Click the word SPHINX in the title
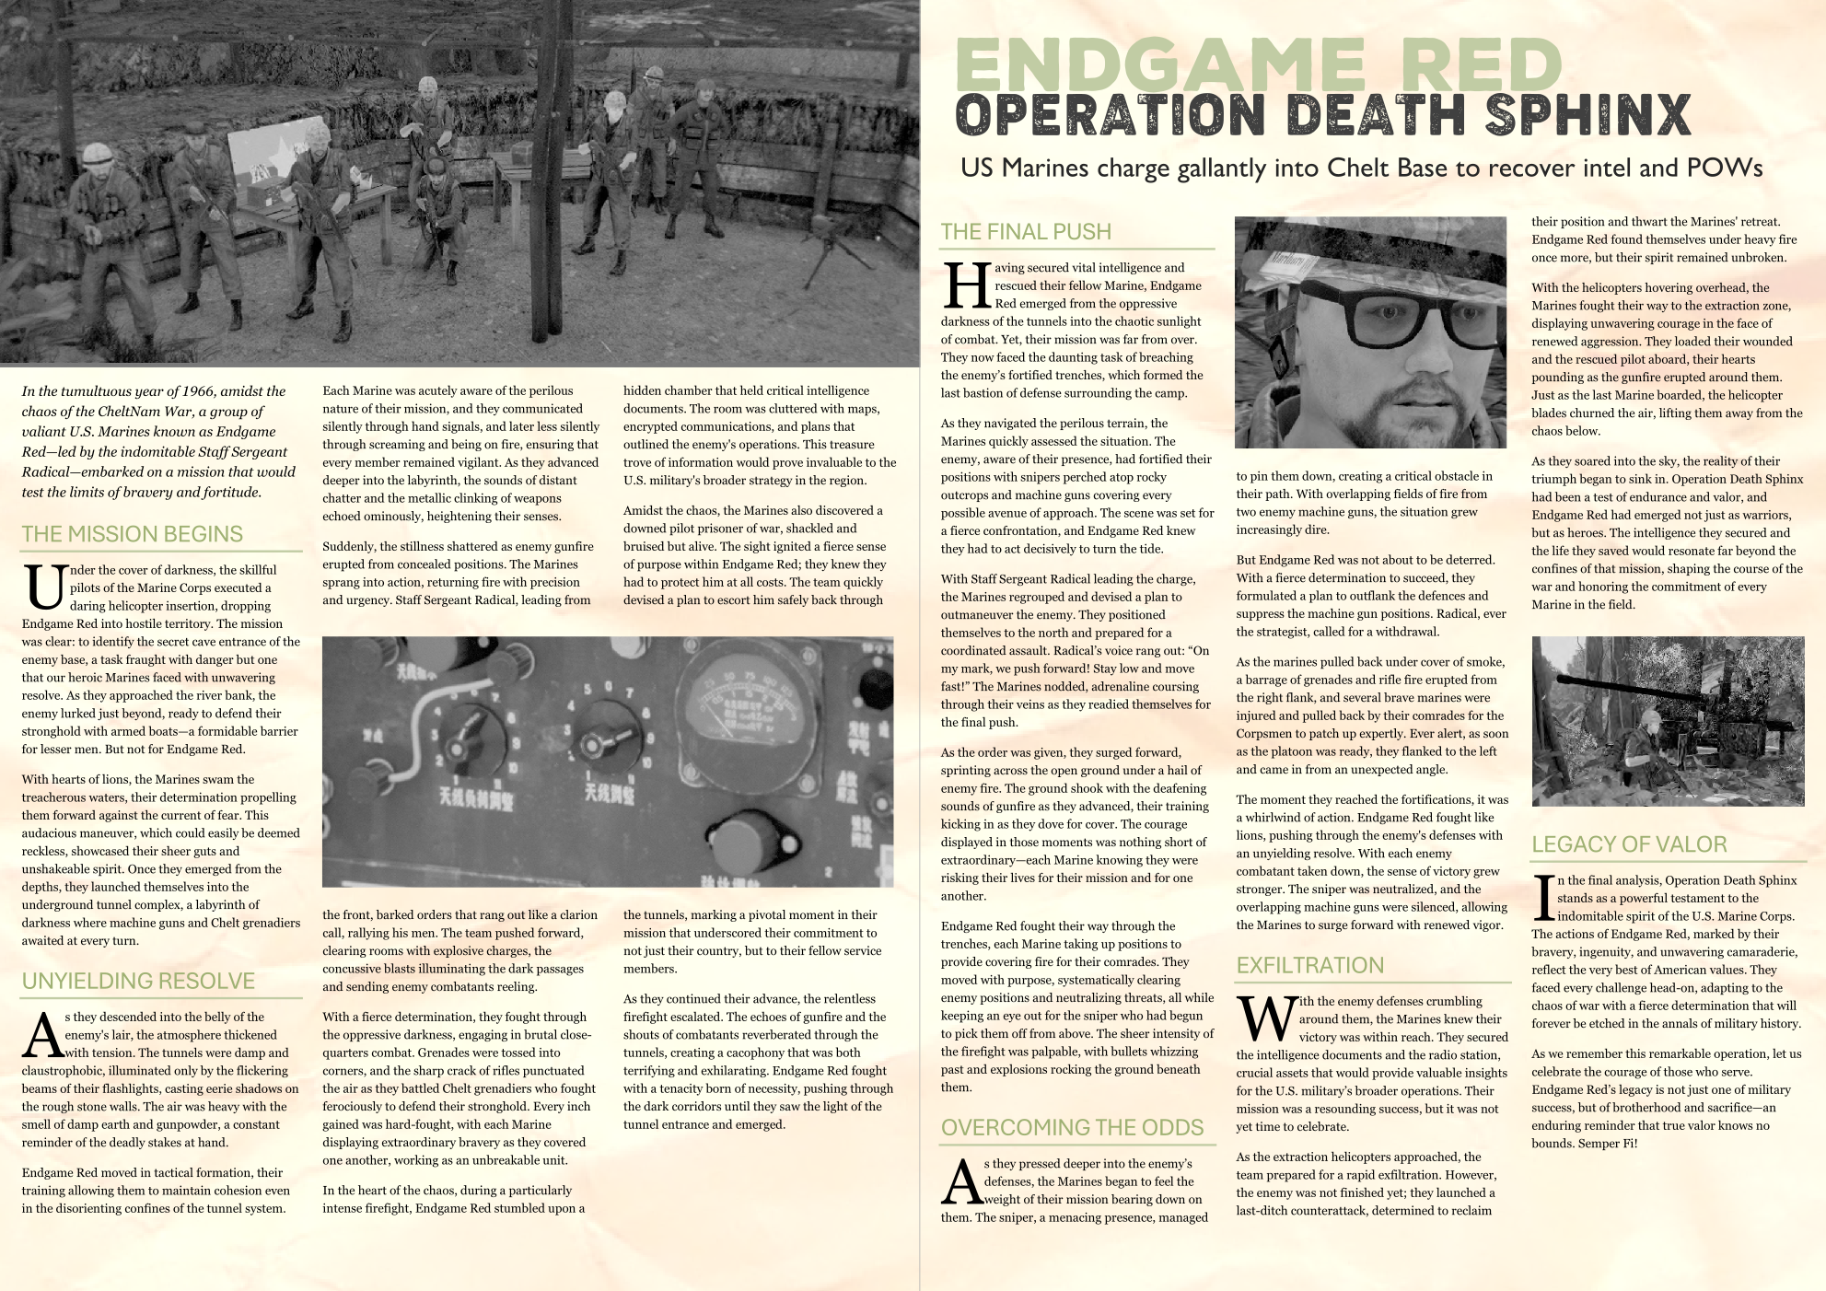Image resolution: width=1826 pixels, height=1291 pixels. coord(1588,115)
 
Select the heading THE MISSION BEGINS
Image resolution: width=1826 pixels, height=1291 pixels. coord(133,534)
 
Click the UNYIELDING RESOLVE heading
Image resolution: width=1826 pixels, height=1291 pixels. coord(138,981)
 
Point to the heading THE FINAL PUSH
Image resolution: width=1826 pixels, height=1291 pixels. coord(1026,232)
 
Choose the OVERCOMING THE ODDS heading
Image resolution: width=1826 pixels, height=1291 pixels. coord(1072,1128)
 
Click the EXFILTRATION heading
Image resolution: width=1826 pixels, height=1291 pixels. coord(1309,965)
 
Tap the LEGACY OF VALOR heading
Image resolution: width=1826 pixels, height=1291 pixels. coord(1629,844)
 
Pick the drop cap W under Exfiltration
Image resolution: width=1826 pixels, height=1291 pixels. coord(1266,1018)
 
